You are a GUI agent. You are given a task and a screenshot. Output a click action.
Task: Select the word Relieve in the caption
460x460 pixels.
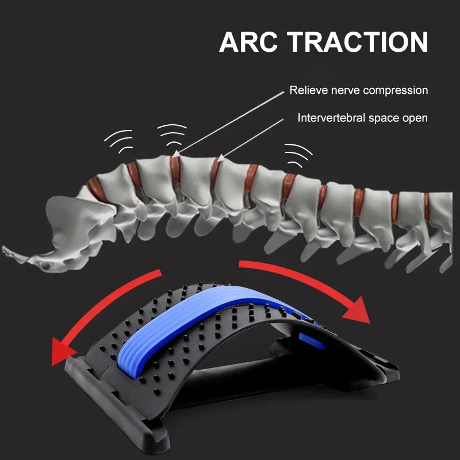(x=308, y=90)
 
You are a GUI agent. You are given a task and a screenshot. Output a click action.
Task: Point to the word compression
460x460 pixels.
(x=397, y=91)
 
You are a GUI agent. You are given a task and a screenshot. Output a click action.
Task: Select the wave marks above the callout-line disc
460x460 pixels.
(x=172, y=134)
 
